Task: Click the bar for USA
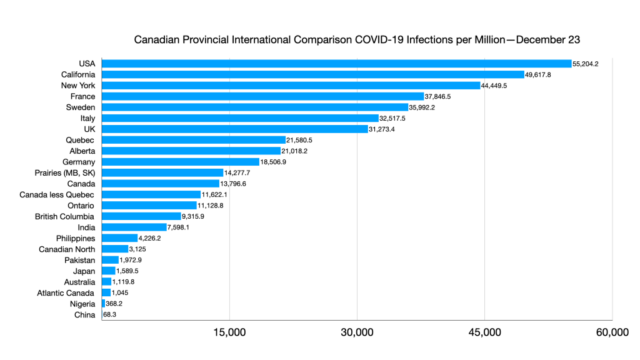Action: point(336,64)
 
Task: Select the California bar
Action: point(312,74)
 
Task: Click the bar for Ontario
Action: point(149,206)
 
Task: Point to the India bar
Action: point(134,227)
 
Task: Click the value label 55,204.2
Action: point(586,64)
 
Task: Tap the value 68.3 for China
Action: point(110,315)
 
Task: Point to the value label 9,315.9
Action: point(193,216)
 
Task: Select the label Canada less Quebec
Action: point(57,194)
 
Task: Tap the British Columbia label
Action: point(65,216)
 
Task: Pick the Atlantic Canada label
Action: point(66,292)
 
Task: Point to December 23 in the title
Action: point(546,40)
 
